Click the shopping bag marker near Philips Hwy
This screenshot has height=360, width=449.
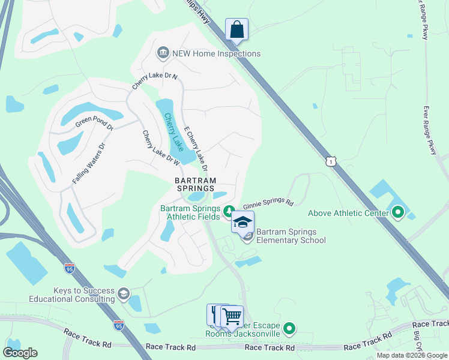[237, 29]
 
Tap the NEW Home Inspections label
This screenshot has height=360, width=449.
[216, 53]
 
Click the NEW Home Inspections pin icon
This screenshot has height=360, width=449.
[163, 53]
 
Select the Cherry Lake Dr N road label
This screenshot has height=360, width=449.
[155, 82]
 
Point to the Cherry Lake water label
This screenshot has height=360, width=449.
[174, 132]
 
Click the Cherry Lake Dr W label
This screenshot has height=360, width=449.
[161, 148]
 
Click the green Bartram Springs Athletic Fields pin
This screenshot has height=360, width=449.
[228, 211]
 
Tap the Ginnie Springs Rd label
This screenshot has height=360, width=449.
[268, 204]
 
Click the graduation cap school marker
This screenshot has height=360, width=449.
[243, 222]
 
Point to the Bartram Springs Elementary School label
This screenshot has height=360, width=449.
[291, 236]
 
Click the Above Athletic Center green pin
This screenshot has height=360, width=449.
[397, 212]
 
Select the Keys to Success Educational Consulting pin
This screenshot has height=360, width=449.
[124, 293]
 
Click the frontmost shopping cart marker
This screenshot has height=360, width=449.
[232, 316]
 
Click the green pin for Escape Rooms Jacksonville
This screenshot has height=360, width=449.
[289, 328]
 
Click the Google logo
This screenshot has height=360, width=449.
[20, 352]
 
